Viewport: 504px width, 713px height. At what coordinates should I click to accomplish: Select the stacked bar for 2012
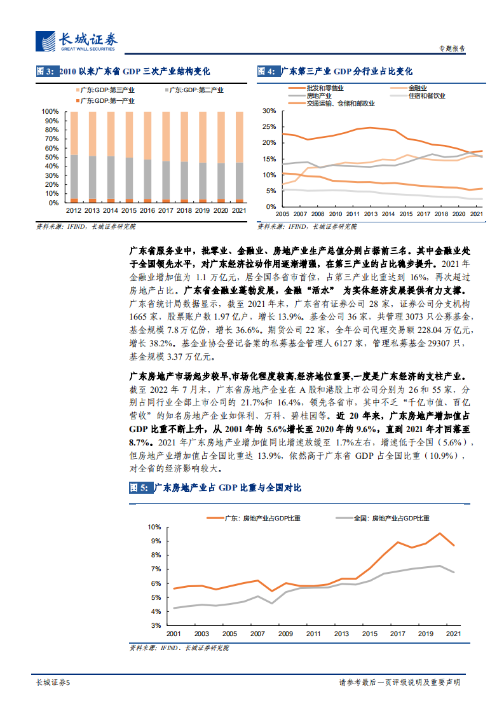click(74, 156)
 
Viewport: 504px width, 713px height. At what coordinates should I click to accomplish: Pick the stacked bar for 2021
click(239, 156)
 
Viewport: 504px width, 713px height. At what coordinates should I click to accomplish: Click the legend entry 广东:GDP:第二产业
click(194, 91)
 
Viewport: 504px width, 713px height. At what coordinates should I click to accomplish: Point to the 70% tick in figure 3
click(50, 139)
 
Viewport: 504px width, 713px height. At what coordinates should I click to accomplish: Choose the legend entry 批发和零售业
click(324, 87)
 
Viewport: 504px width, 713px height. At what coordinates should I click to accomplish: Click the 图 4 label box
click(267, 72)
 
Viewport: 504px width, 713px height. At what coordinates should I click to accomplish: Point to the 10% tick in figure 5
click(154, 527)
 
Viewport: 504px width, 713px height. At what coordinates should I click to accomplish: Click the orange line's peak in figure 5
click(439, 533)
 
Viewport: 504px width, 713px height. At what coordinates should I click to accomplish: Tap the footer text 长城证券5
click(52, 682)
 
